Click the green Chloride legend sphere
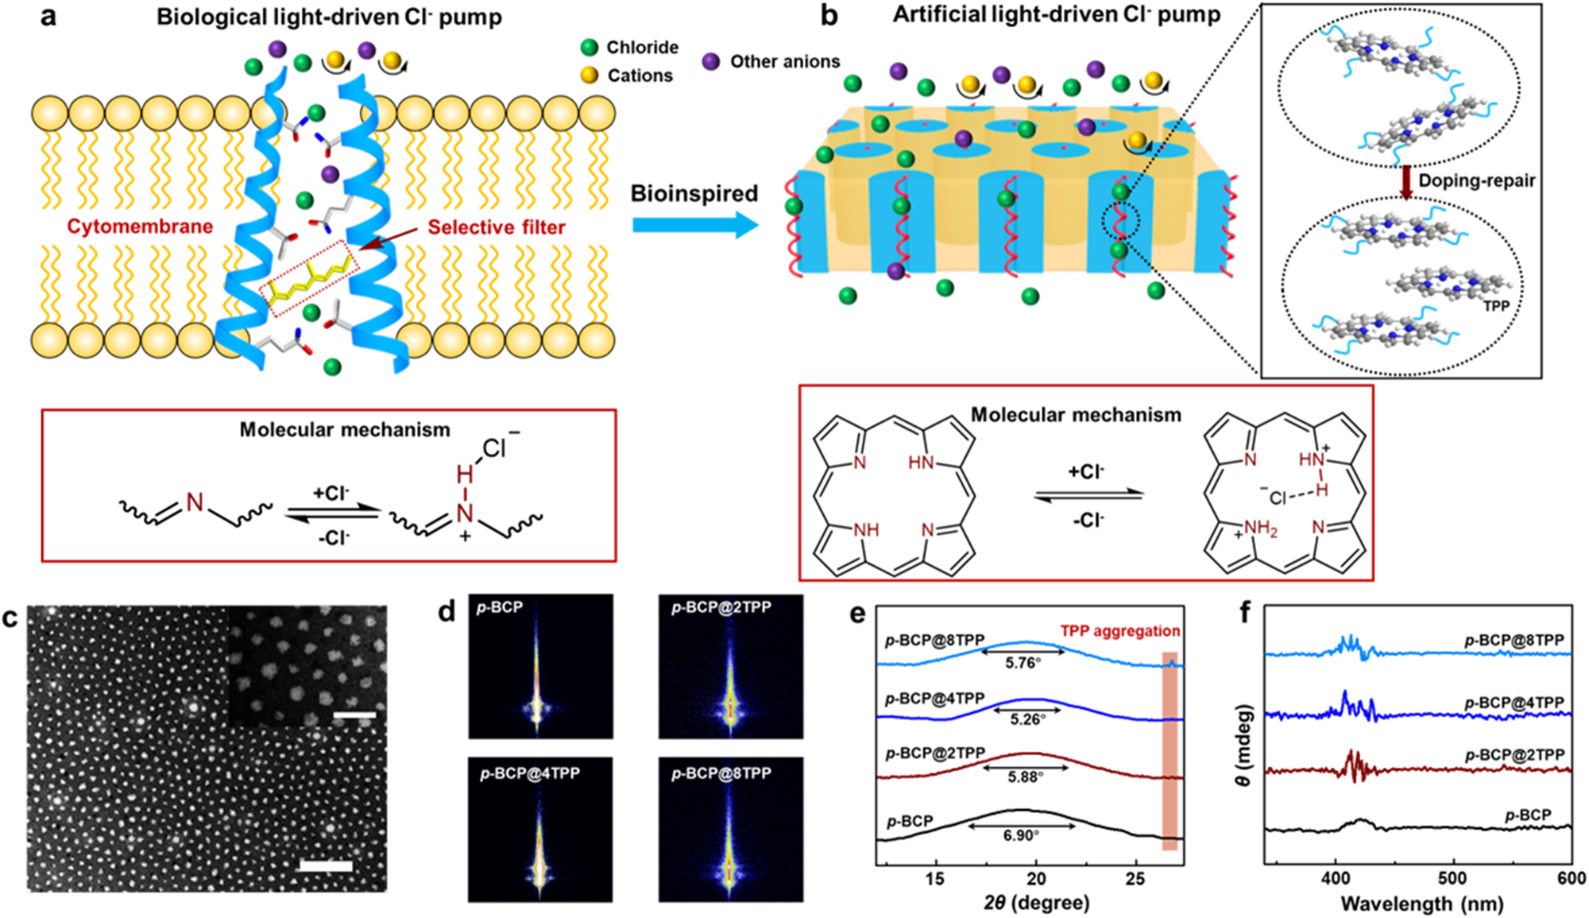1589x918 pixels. tap(589, 48)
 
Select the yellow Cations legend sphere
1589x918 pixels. tap(589, 76)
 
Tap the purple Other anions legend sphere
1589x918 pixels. tap(711, 61)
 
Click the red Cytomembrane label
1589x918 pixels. tap(140, 227)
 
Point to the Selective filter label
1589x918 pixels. tap(497, 227)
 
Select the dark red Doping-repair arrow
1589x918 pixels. tap(1405, 183)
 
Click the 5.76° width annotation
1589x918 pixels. tap(1023, 663)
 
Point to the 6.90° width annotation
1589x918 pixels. tap(1021, 835)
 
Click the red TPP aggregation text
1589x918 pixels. tap(1120, 631)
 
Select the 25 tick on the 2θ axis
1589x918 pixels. tap(1136, 878)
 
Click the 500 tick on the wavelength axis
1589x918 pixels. tap(1453, 878)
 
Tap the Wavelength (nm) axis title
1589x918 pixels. tap(1422, 904)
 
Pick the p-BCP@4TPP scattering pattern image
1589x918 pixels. tap(540, 830)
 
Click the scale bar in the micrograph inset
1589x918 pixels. tap(354, 716)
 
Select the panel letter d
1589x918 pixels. tap(447, 611)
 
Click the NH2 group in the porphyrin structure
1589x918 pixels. tap(1260, 529)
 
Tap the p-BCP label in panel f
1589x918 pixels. tap(1528, 815)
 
